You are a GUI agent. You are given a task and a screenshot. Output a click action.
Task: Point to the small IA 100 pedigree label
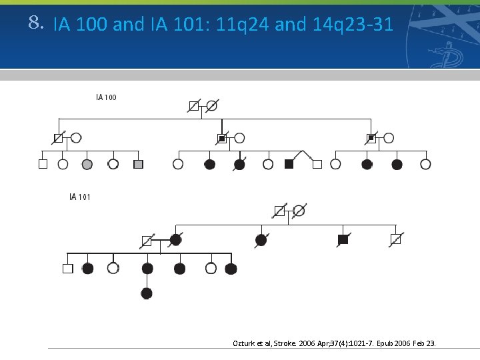[x=106, y=97]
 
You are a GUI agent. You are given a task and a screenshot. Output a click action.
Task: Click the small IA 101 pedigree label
[x=80, y=197]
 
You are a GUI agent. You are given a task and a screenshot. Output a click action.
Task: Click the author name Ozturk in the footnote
[x=243, y=343]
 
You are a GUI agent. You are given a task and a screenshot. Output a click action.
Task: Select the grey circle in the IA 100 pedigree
[x=87, y=164]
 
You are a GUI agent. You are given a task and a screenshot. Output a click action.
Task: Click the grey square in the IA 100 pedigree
[x=138, y=164]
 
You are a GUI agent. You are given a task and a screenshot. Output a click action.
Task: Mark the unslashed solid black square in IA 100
[x=289, y=164]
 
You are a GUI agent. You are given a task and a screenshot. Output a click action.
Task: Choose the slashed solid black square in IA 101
[x=343, y=239]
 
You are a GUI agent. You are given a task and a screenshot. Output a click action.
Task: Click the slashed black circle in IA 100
[x=239, y=165]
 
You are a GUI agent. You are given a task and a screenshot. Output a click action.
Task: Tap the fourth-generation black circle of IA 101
[x=147, y=293]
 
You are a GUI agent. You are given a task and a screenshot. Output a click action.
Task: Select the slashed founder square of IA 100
[x=193, y=105]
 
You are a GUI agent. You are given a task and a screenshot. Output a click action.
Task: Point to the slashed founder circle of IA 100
[x=212, y=105]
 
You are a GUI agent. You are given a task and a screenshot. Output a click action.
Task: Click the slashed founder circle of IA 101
[x=299, y=211]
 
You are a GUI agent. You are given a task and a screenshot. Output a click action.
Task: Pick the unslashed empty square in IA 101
[x=67, y=269]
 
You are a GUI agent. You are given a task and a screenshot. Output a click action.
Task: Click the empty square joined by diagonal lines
[x=317, y=164]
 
